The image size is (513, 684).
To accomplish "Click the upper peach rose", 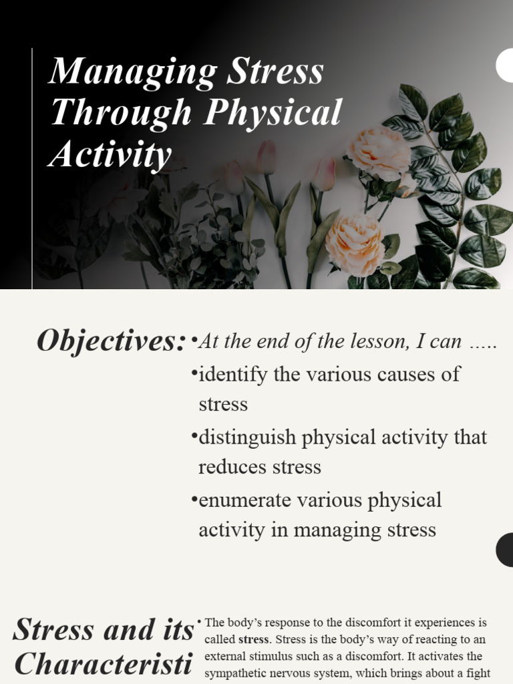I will pyautogui.click(x=379, y=152).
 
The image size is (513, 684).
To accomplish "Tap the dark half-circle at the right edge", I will pyautogui.click(x=505, y=550).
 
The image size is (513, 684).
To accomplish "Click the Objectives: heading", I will pyautogui.click(x=111, y=341).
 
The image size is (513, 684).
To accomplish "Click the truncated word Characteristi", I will pyautogui.click(x=104, y=664).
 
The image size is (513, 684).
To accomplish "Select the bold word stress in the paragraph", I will pyautogui.click(x=253, y=640).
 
